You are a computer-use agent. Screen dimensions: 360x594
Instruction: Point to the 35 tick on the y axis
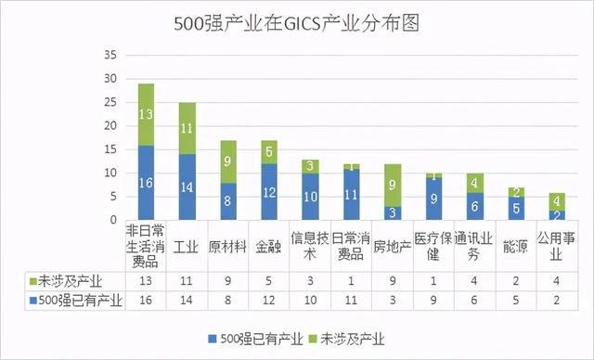click(x=109, y=55)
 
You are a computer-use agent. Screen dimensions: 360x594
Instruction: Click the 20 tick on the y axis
click(x=109, y=125)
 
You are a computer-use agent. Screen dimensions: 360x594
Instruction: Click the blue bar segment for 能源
click(x=517, y=209)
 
